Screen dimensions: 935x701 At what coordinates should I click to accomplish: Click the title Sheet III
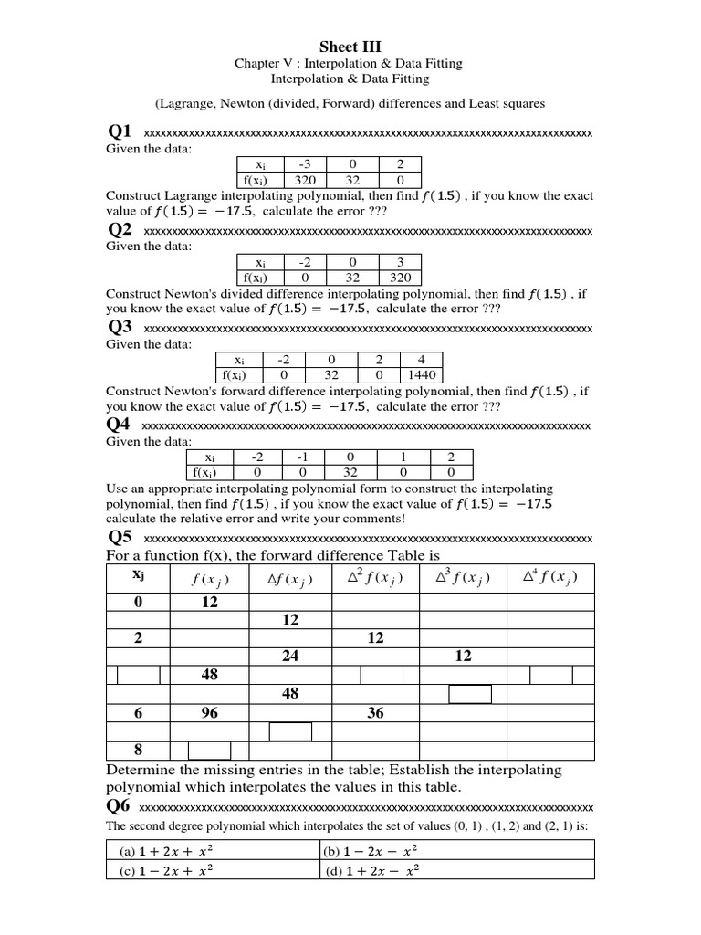350,47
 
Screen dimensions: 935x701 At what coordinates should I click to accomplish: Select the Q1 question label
120,132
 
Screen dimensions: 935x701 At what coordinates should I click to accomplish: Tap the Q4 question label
120,425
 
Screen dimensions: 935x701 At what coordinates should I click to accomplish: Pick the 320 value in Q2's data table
400,278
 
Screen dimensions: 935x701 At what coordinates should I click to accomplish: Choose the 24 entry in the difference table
291,656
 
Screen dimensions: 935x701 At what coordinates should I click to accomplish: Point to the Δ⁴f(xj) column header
550,577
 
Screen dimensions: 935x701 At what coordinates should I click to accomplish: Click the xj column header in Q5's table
138,575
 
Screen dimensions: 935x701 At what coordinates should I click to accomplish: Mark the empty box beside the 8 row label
209,751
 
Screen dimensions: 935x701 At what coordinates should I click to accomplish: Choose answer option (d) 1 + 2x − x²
371,869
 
